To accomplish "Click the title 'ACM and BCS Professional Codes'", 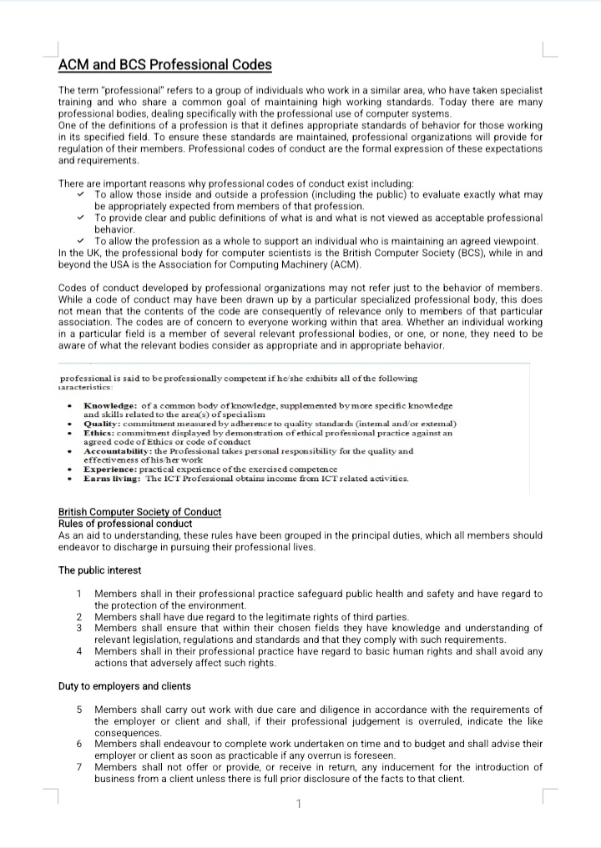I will (x=164, y=65).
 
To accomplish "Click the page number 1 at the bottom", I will (x=298, y=804).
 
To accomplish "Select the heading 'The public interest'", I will (x=99, y=570).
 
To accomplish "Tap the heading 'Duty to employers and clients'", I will (x=124, y=686).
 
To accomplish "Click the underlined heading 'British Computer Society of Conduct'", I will (x=139, y=511).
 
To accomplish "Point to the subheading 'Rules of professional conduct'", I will (x=125, y=524).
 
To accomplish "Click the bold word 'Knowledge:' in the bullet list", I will (x=111, y=405).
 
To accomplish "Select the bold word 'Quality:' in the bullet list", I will (x=103, y=424).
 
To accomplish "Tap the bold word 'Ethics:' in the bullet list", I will (x=101, y=433).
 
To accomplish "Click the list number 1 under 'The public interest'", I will (x=78, y=594).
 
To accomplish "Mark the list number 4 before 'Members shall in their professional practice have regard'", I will (x=78, y=651).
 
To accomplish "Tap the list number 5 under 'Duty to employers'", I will (x=78, y=710).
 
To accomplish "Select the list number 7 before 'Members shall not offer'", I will (x=78, y=767).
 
